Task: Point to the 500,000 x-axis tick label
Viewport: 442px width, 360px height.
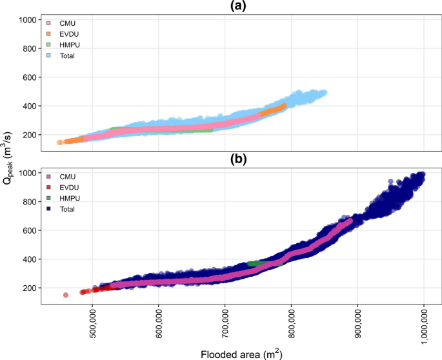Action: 92,323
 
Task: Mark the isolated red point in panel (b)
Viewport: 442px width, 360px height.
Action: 65,295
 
